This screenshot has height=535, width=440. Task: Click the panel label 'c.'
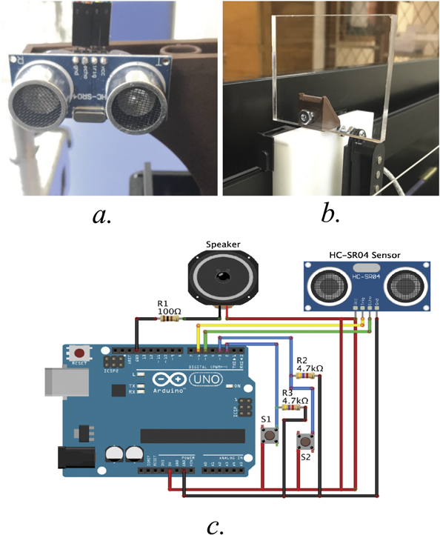[215, 524]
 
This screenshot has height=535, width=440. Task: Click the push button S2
[304, 442]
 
